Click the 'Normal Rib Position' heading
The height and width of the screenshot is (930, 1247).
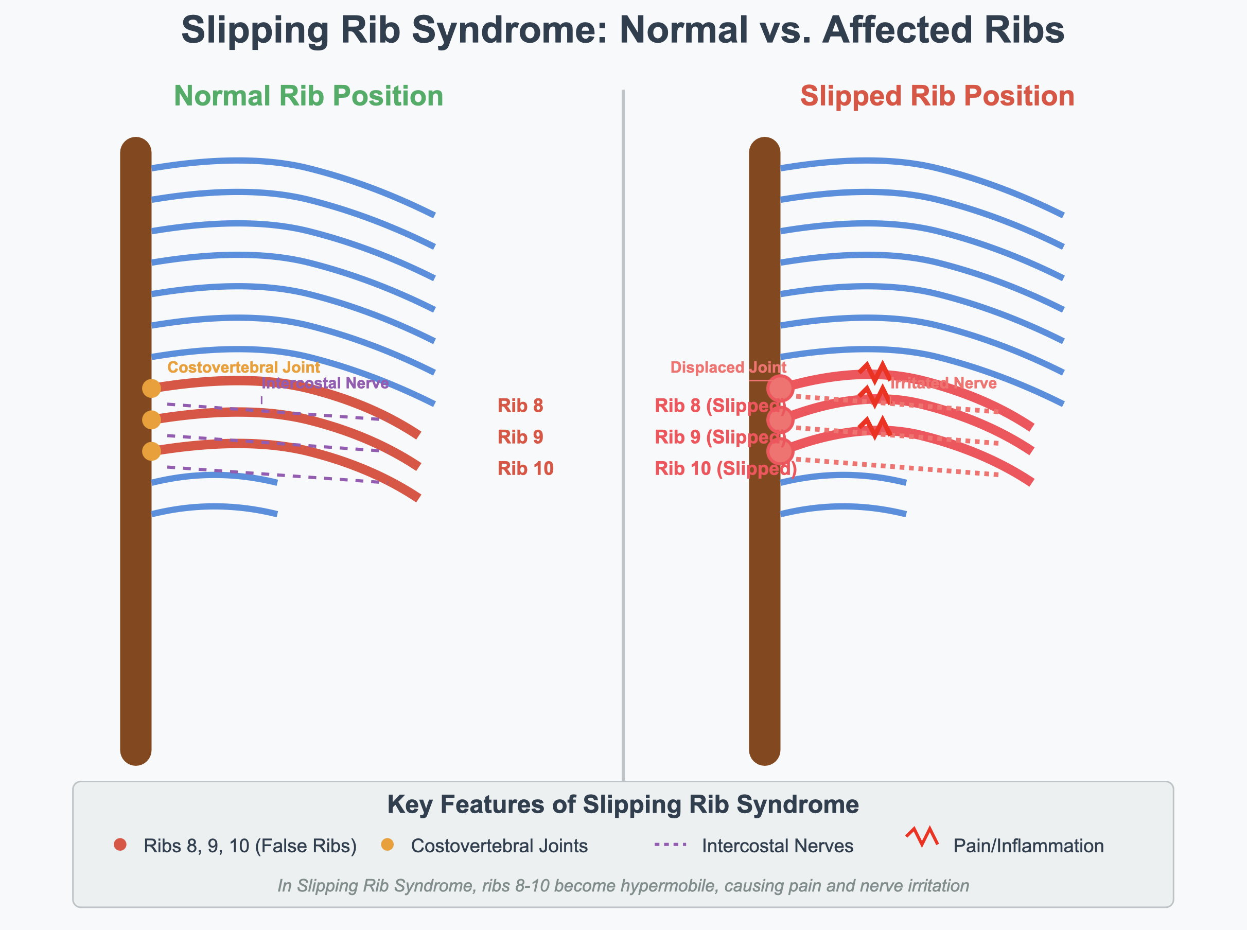(x=308, y=96)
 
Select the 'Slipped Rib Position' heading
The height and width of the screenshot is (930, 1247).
(x=937, y=96)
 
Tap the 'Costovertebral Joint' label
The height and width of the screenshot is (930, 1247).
(x=244, y=367)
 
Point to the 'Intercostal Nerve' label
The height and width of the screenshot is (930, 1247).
(x=325, y=383)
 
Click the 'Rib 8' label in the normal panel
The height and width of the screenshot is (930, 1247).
(x=520, y=406)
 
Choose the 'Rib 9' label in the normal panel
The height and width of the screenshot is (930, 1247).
(x=520, y=437)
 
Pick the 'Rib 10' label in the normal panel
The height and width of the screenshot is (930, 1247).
(x=525, y=469)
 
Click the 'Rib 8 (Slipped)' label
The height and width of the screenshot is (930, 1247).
(x=719, y=406)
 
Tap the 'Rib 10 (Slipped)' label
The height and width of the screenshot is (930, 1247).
(x=725, y=469)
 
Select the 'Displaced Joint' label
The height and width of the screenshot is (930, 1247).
(x=728, y=367)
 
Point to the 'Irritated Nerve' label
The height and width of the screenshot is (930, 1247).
(x=943, y=383)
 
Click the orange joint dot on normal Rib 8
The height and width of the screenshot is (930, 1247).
(x=151, y=389)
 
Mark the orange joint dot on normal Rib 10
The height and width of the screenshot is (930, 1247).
(x=151, y=451)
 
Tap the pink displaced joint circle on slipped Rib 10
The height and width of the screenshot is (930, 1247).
(x=780, y=451)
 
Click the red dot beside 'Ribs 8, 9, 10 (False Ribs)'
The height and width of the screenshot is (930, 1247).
(x=120, y=845)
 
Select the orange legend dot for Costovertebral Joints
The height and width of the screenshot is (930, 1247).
(x=388, y=845)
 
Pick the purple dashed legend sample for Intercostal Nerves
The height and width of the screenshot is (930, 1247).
(x=671, y=845)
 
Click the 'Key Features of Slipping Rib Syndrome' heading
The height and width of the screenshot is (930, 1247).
(x=623, y=804)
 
